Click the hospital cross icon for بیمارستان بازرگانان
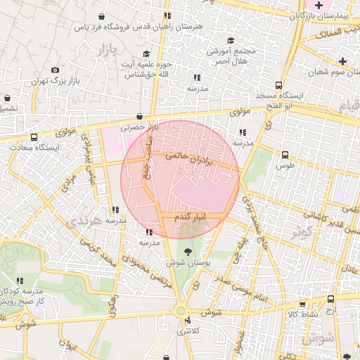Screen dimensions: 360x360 320,5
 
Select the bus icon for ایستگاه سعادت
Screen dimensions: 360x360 34,138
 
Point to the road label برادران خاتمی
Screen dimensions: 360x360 188,160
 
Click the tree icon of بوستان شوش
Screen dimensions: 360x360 188,251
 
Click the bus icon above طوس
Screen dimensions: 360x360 285,155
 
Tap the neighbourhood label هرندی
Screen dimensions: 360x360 83,221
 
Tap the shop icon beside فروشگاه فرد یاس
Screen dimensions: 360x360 102,16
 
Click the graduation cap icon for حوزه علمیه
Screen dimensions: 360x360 146,54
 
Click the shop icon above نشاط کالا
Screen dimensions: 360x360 302,304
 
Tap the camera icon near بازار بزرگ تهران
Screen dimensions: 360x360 56,69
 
